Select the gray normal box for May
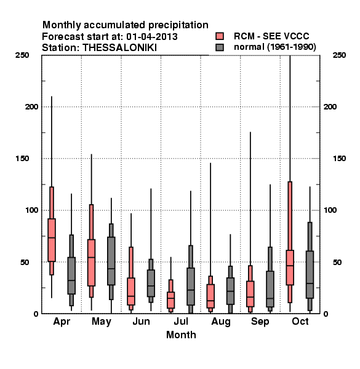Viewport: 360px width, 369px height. click(x=111, y=261)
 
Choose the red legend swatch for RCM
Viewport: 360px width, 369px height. click(x=220, y=36)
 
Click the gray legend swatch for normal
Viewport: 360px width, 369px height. click(x=220, y=47)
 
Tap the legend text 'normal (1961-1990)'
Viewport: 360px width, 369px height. click(x=274, y=47)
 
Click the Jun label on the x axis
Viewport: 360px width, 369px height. click(x=141, y=322)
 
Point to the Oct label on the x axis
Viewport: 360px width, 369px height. click(x=300, y=322)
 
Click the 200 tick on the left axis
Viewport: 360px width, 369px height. click(x=31, y=106)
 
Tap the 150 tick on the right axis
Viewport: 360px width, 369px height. click(x=339, y=159)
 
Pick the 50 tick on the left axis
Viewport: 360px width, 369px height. click(x=26, y=262)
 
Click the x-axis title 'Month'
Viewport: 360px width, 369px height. click(x=181, y=335)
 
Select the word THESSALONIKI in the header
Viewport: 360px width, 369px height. click(x=119, y=48)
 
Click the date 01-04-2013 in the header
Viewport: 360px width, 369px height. click(x=152, y=37)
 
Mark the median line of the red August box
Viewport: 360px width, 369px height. click(x=210, y=301)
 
